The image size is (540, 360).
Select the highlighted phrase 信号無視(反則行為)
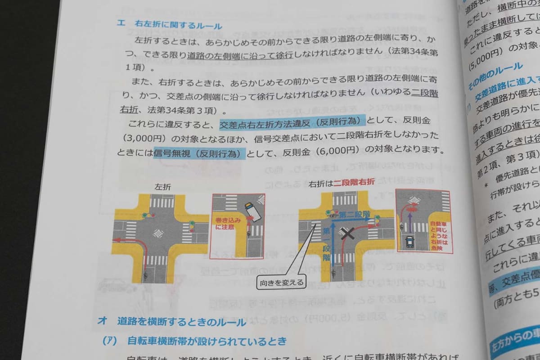tap(199, 153)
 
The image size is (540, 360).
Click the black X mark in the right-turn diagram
tap(347, 234)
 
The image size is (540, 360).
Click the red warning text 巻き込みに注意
tap(228, 224)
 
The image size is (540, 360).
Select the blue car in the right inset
tap(410, 243)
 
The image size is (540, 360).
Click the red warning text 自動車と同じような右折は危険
tap(439, 234)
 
